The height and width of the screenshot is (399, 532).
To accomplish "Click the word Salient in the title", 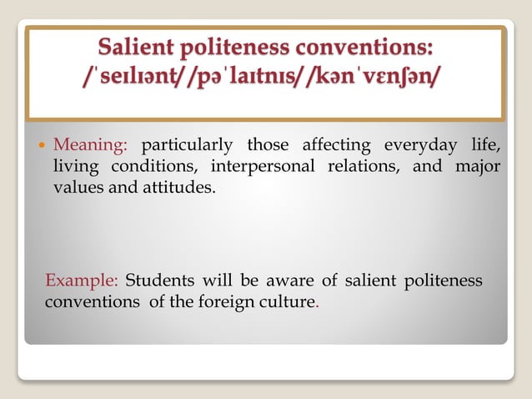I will [140, 46].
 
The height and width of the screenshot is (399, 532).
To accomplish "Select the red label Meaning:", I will [90, 146].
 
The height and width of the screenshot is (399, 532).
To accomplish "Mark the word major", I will [478, 166].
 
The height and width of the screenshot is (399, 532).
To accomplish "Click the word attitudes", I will [176, 187].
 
